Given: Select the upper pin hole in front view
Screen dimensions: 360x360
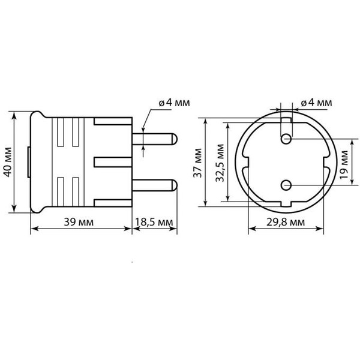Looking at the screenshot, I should coord(286,139).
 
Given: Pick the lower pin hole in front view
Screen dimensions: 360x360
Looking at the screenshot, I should coord(286,184).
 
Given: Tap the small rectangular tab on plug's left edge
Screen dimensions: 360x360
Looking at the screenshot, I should coord(30,162).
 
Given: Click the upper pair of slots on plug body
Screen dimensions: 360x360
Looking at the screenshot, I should coord(67,133).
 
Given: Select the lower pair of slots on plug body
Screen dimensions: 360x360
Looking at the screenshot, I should coord(67,190).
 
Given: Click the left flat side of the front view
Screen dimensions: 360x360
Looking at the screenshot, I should coord(244,162).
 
